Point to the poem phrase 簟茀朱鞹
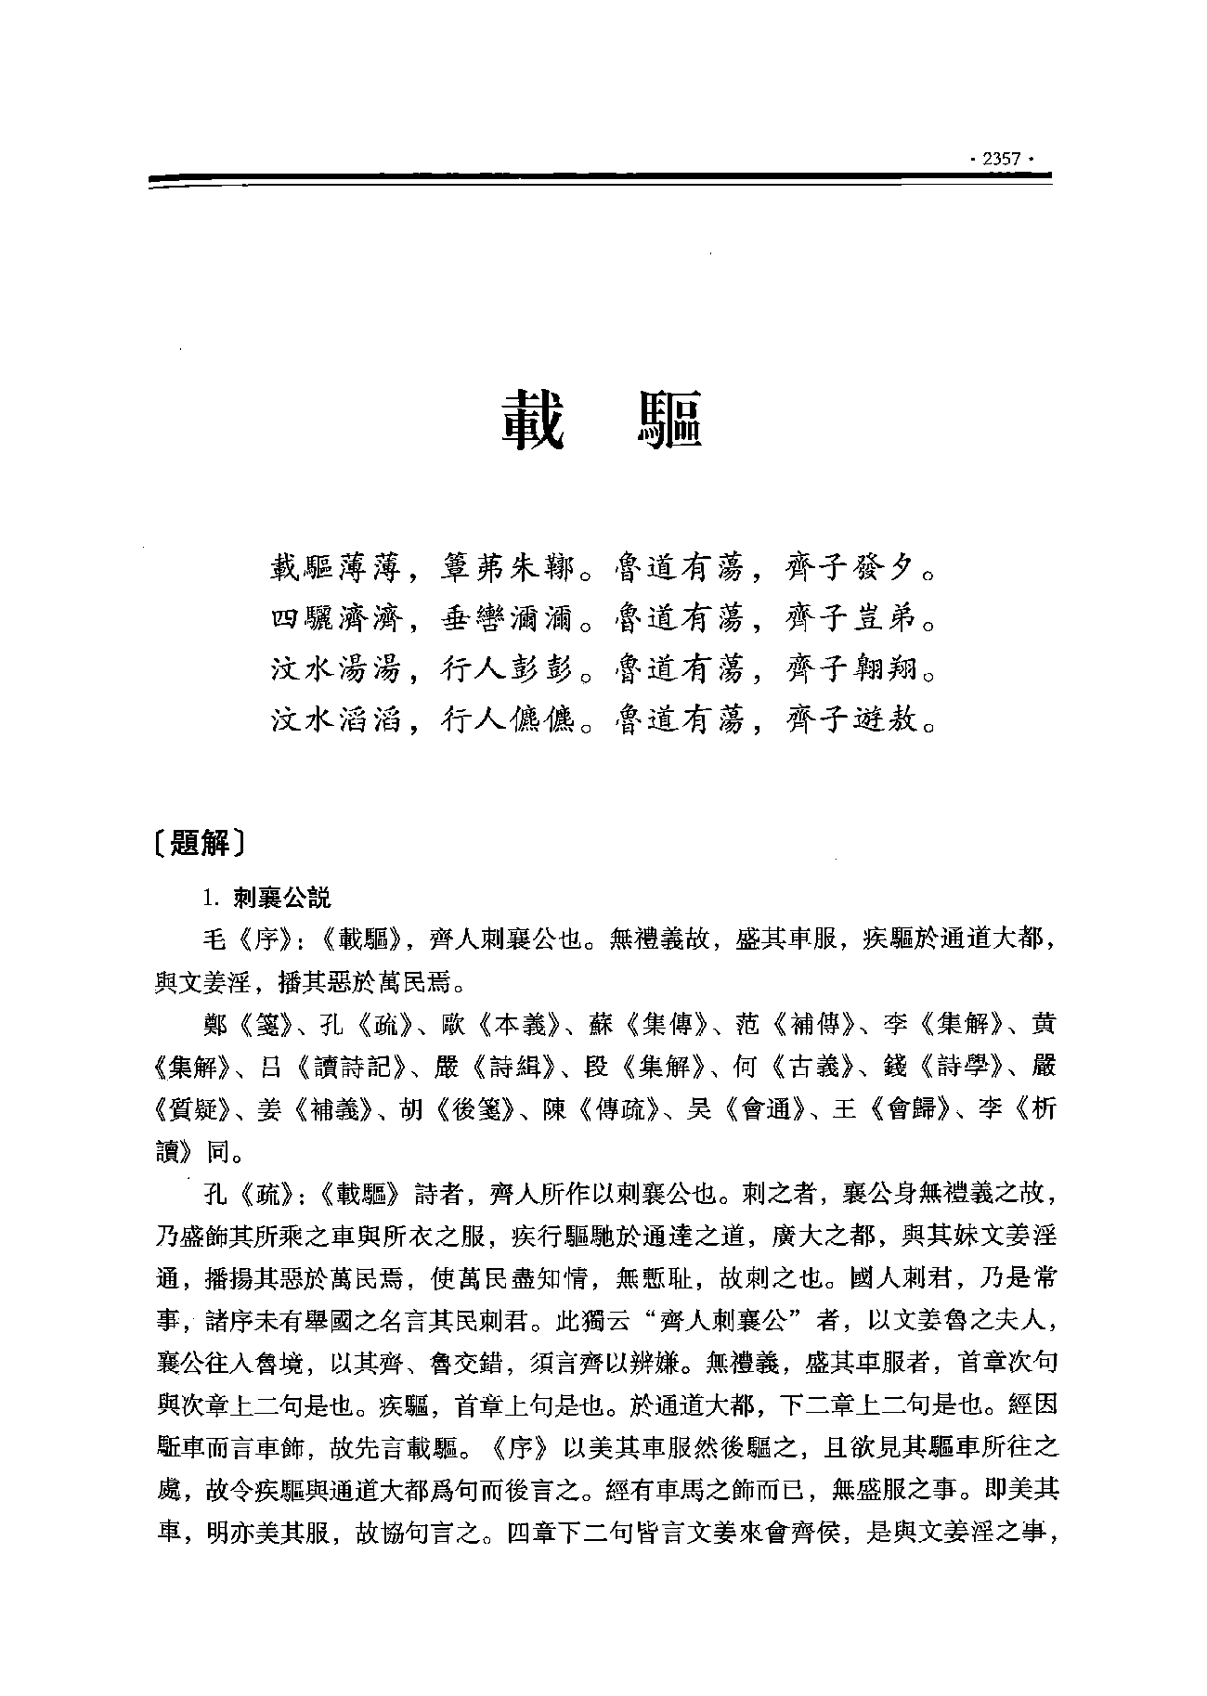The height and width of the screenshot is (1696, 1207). [507, 567]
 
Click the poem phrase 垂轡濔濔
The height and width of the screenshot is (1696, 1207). [507, 617]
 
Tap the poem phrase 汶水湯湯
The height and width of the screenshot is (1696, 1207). [335, 667]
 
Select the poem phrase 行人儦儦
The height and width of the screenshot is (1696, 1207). [507, 718]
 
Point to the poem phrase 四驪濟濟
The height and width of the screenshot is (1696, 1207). [335, 617]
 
